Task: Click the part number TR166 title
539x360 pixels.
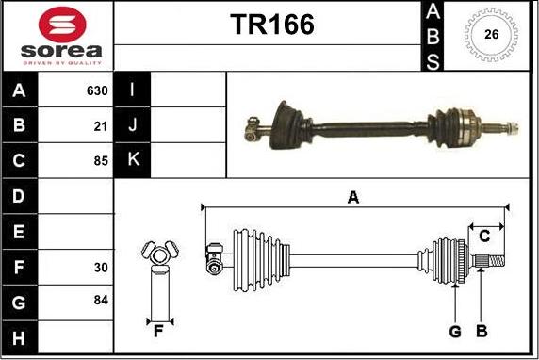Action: click(x=272, y=25)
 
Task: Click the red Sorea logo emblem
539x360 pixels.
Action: click(x=62, y=25)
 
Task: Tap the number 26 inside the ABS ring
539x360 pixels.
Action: click(x=491, y=34)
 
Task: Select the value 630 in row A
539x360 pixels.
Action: click(x=97, y=90)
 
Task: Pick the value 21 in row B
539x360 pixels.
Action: click(x=101, y=126)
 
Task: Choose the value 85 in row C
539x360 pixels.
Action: click(x=101, y=160)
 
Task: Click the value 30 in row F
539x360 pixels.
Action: click(x=101, y=268)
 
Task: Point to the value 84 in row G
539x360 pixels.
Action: click(x=101, y=300)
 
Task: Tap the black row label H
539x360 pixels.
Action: click(x=19, y=338)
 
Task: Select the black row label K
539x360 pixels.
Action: click(x=133, y=159)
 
